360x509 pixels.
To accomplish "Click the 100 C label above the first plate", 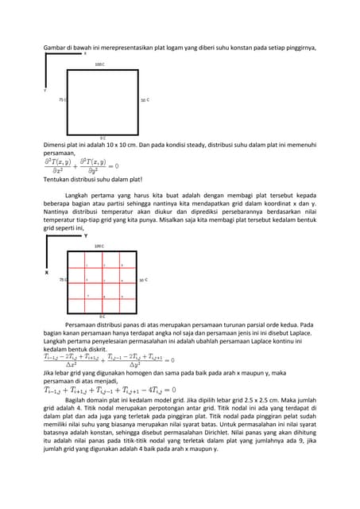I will [100, 64].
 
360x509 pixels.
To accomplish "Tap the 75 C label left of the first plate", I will [62, 100].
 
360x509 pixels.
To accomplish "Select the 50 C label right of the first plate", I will [145, 100].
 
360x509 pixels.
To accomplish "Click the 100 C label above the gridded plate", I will [100, 247].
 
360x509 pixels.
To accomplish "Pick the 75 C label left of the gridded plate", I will [62, 280].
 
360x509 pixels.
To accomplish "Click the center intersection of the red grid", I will [103, 280].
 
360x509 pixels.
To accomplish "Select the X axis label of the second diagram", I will [46, 272].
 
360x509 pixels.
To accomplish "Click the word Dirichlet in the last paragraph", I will [280, 434].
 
